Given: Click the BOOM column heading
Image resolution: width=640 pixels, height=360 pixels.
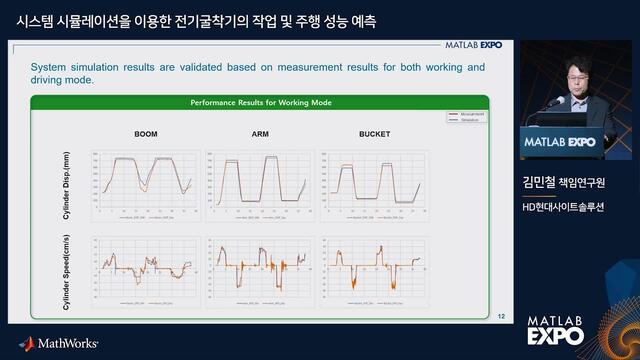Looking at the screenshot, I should [146, 133].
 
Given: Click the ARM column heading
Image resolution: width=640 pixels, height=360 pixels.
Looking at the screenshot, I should [259, 133].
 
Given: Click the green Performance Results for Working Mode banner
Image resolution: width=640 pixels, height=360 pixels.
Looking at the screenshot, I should [261, 103].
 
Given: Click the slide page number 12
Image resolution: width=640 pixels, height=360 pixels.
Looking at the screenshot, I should [501, 317].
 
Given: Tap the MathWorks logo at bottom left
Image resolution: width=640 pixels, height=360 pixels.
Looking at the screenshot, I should [59, 343].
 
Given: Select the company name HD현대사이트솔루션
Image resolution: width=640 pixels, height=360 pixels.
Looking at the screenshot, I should [576, 206].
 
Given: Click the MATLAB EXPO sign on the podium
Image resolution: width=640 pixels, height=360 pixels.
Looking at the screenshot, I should [560, 143].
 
